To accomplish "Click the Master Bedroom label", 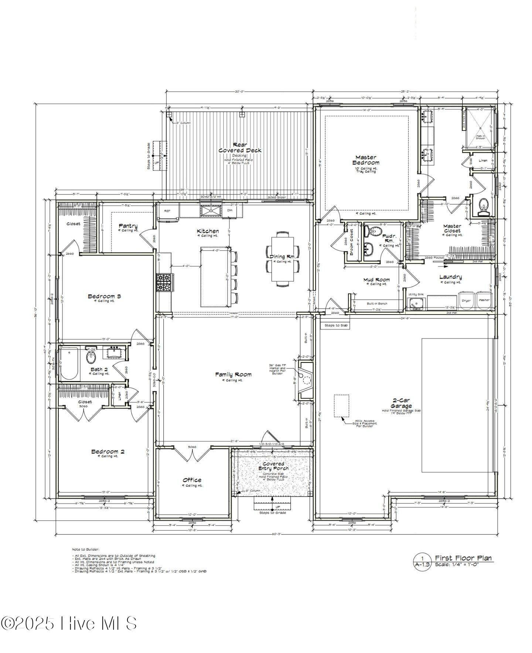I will [366, 160].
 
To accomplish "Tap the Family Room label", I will [233, 374].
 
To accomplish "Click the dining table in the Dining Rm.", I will [283, 259].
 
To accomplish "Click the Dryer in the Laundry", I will [466, 300].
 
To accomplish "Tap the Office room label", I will [192, 480].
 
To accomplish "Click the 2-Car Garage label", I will [401, 403].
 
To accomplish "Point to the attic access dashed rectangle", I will [341, 406].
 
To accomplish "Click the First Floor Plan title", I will [463, 558].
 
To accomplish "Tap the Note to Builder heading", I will [85, 550].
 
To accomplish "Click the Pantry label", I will [128, 226].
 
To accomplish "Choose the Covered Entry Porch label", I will [273, 466].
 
